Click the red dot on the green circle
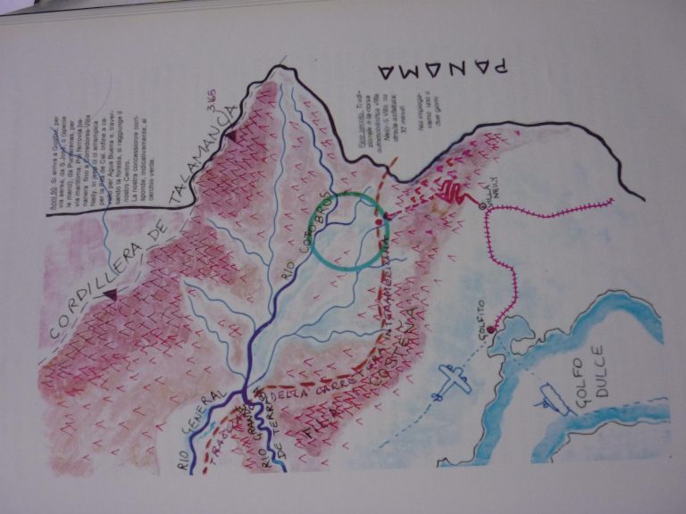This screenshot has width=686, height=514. pos(379,220)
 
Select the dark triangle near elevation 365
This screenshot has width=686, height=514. pos(231,137)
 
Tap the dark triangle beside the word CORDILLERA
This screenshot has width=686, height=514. pos(110,294)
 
